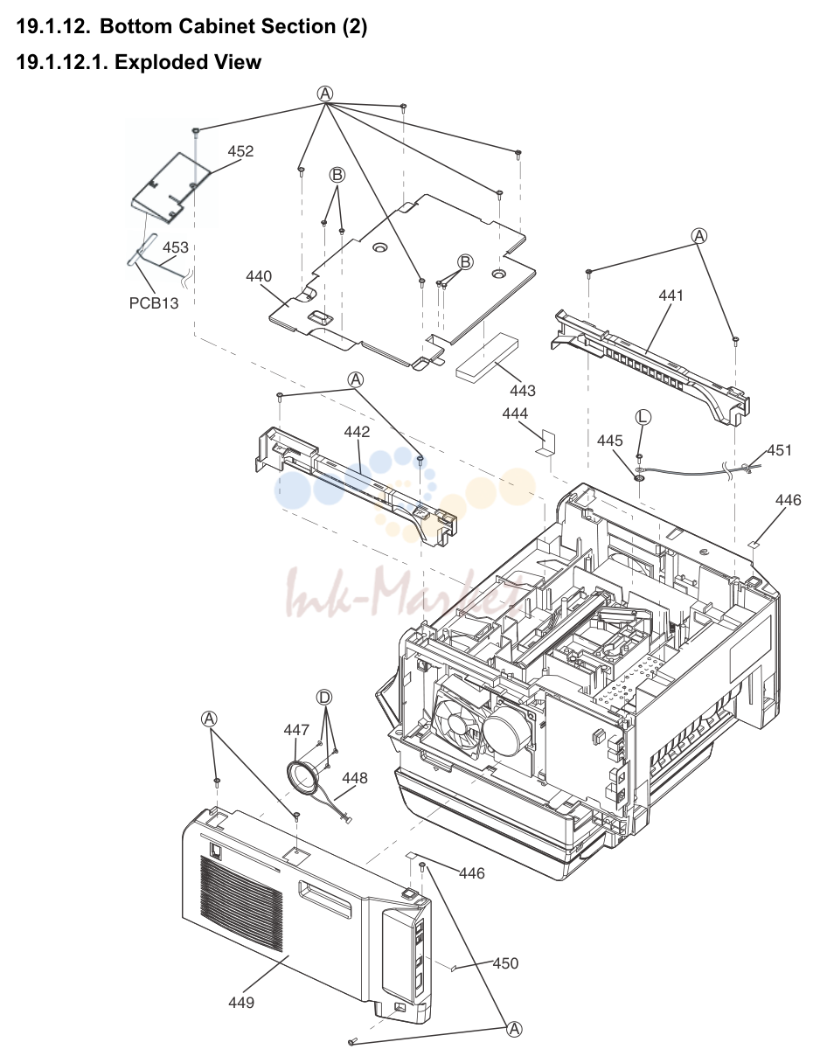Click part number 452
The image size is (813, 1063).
pos(240,151)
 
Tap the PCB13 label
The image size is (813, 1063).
pos(154,303)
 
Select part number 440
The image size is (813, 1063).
pos(259,276)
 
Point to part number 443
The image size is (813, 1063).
pos(523,391)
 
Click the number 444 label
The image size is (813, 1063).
pos(515,413)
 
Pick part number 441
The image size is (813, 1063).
pos(671,295)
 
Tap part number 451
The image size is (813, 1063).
pos(779,450)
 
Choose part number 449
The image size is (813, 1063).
pos(241,1002)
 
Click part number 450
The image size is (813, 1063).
pos(505,963)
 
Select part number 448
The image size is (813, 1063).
pos(354,778)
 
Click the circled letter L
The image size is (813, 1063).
pos(643,416)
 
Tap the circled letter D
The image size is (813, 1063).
pos(324,698)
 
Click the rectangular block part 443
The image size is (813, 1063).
pos(487,358)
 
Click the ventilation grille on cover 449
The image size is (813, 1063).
pos(241,896)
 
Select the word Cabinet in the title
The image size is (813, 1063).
pos(218,26)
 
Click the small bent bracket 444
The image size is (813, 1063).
pos(545,442)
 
